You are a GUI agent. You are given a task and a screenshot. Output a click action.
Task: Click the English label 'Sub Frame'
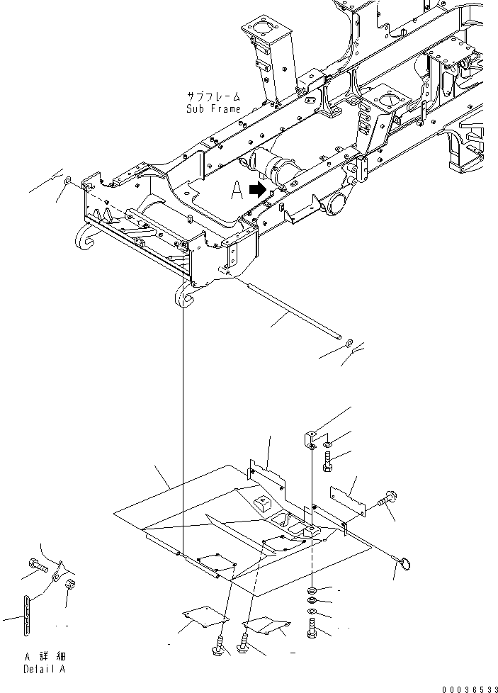click(213, 109)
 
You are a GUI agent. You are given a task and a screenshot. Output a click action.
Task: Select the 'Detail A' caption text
click(46, 669)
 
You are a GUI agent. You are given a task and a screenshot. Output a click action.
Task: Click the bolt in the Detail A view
click(37, 566)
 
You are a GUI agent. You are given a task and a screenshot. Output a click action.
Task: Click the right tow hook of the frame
click(183, 294)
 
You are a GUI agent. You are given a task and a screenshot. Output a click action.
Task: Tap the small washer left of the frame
click(67, 182)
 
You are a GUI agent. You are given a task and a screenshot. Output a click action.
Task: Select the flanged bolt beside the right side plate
click(388, 501)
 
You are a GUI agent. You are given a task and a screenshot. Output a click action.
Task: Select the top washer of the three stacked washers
click(313, 590)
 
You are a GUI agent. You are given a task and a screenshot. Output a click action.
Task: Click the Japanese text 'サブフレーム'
click(213, 96)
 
